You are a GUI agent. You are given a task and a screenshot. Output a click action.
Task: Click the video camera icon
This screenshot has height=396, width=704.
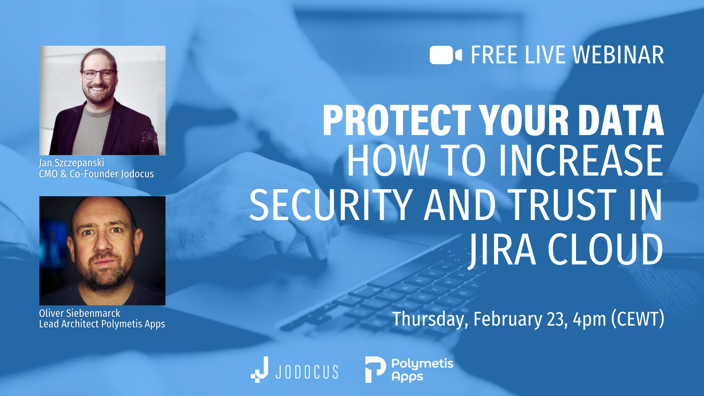coord(445,55)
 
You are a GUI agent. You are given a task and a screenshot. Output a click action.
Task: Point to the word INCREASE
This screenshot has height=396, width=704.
coord(581,161)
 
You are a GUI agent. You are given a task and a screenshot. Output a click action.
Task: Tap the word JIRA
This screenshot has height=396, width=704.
coord(502,250)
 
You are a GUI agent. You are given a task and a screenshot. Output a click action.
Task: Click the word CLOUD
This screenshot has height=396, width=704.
coord(605,250)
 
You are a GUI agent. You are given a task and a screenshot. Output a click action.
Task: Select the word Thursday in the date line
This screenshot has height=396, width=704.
coord(429,319)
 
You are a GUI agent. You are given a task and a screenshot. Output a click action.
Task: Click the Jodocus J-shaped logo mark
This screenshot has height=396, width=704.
coord(260,370)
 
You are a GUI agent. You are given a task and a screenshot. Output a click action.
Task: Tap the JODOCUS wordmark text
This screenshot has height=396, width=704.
coord(307,372)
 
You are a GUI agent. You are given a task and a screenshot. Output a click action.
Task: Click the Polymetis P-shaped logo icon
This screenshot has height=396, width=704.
coord(375,370)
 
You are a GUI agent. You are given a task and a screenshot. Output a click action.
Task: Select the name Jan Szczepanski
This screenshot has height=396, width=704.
coord(72,163)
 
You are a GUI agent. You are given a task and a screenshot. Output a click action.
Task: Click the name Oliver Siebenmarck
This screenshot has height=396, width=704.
coord(80,313)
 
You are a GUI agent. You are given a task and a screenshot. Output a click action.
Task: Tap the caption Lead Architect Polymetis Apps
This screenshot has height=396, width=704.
coord(102,324)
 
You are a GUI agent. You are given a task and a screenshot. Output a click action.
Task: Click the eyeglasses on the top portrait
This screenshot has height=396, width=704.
coord(99,74)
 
